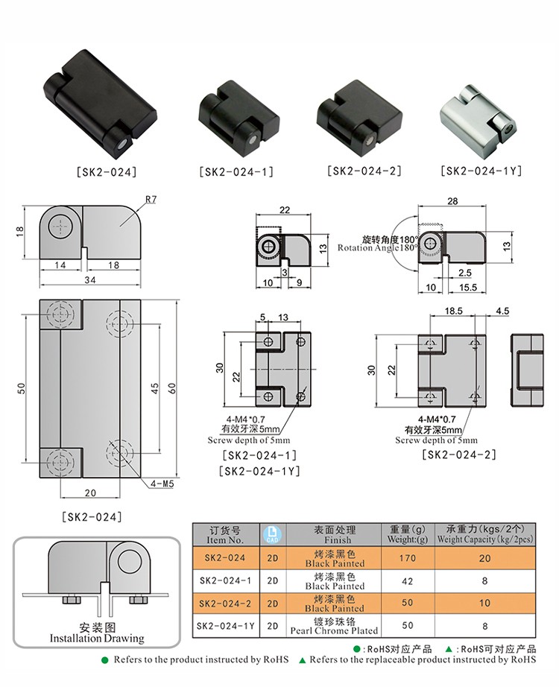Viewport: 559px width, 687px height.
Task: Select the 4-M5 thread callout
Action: [x=161, y=484]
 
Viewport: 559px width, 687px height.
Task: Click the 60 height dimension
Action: [x=172, y=387]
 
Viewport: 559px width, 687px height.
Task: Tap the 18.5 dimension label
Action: [x=454, y=311]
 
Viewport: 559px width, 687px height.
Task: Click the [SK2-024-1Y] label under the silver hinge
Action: [x=480, y=171]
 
